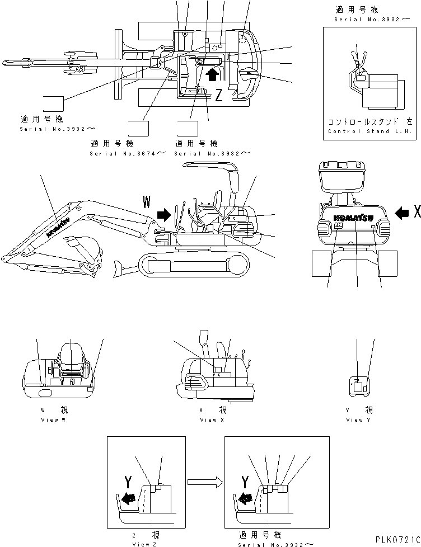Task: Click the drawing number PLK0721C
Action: (x=395, y=540)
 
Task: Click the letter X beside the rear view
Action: (x=416, y=211)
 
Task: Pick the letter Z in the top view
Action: (x=219, y=95)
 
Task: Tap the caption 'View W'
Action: (x=53, y=419)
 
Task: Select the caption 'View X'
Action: (x=208, y=419)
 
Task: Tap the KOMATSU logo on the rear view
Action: (x=357, y=218)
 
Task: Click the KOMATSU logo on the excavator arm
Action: (x=58, y=227)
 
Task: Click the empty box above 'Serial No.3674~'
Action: (x=138, y=128)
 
